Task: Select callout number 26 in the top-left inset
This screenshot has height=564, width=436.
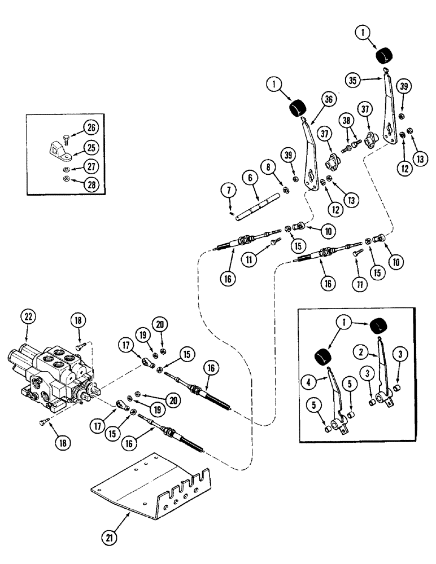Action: click(90, 127)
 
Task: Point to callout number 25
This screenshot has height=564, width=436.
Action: click(90, 148)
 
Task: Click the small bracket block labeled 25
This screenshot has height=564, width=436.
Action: click(55, 149)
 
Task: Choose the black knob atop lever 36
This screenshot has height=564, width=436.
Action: click(298, 107)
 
